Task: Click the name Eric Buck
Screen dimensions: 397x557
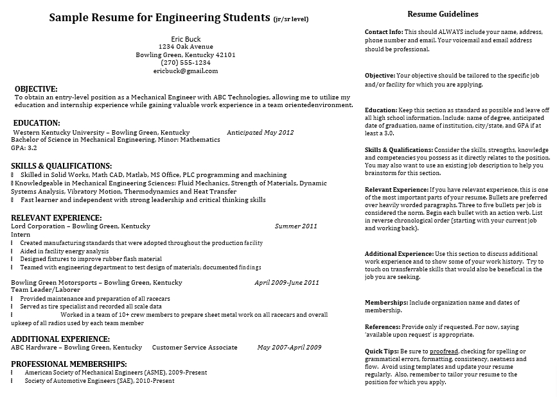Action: coord(186,39)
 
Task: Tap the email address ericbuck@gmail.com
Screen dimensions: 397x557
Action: coord(186,71)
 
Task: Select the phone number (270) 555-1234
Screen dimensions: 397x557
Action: coord(186,63)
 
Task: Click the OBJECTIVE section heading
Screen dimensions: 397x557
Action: coord(36,89)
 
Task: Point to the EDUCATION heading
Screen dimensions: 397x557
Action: coord(37,122)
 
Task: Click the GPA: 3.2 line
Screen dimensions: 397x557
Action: coord(24,148)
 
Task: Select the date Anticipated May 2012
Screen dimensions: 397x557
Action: coord(260,133)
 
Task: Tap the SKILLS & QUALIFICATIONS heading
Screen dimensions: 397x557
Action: coord(61,165)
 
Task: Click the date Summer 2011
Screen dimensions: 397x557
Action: coord(296,226)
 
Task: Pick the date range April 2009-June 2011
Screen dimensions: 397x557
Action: coord(287,282)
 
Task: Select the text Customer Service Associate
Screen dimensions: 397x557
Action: coord(195,348)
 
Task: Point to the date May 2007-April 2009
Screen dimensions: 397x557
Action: coord(289,348)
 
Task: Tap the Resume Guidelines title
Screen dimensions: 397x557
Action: coord(443,14)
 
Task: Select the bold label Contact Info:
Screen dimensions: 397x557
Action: coord(384,31)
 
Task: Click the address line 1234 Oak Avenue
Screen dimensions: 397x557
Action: coord(186,47)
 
